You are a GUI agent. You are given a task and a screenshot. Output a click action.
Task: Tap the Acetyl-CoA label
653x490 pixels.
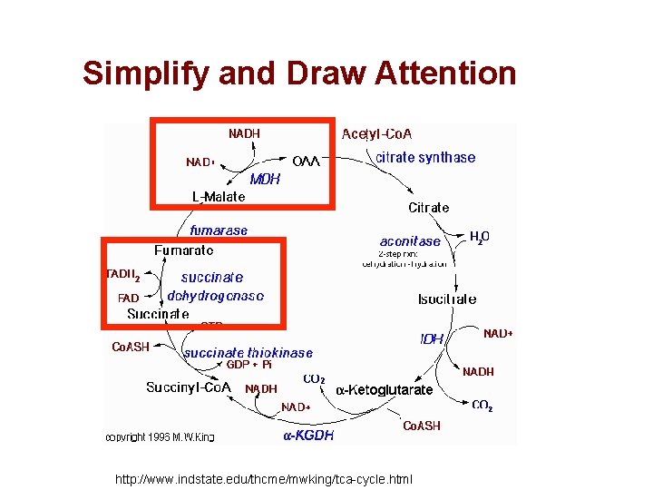point(376,134)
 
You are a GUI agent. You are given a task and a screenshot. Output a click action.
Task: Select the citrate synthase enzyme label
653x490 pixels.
point(425,158)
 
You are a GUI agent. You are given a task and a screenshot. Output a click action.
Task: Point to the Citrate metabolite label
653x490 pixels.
point(428,208)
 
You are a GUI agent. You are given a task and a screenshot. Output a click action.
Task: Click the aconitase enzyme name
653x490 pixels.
point(410,241)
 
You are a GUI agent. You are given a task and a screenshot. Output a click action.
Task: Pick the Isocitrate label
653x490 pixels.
point(446,299)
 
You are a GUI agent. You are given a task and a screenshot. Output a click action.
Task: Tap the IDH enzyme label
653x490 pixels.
point(432,339)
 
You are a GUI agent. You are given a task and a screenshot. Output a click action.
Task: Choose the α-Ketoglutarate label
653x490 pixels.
point(385,390)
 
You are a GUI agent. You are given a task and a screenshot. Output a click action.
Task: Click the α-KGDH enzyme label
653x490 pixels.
point(308,435)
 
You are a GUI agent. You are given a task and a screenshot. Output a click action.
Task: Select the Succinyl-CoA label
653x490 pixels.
point(189,387)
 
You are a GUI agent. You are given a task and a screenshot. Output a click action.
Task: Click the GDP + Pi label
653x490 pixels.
point(249,365)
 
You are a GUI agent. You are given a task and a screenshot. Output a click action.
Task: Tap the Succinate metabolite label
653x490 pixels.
point(158,314)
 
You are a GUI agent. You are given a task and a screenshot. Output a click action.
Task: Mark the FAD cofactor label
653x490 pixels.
point(129,298)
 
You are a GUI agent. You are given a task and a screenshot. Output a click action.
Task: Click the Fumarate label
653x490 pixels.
point(184,250)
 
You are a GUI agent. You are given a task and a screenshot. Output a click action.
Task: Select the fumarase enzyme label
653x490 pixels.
point(219,230)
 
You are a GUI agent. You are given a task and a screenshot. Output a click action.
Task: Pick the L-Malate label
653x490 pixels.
point(218,196)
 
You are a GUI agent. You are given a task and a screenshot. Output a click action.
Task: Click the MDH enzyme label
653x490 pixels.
point(265,179)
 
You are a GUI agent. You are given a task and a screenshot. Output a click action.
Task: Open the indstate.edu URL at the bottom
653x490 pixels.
point(263,478)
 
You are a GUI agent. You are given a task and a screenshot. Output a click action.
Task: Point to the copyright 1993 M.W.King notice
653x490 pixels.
point(160,436)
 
